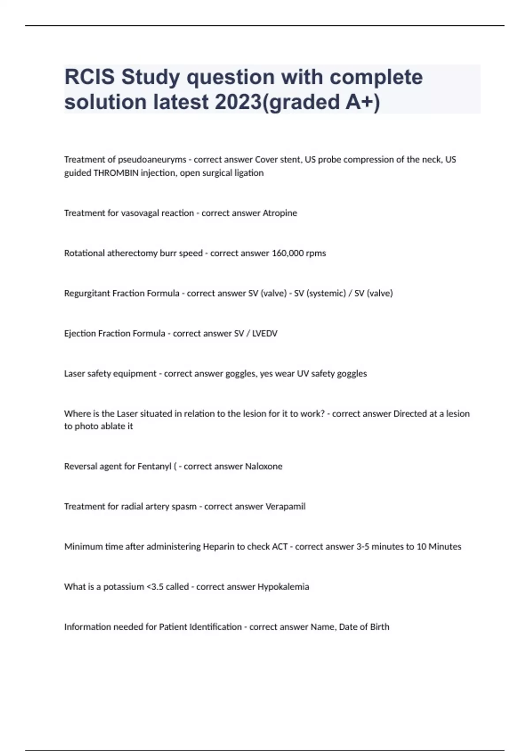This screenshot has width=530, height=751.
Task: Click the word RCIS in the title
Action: point(90,77)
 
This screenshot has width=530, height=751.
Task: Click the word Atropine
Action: point(280,213)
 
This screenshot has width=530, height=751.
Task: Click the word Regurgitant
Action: point(87,293)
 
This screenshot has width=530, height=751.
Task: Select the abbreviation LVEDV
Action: point(265,334)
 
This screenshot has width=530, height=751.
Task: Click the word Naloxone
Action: point(264,467)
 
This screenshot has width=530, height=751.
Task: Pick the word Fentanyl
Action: point(155,467)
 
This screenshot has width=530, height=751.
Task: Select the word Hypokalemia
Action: point(283,587)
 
